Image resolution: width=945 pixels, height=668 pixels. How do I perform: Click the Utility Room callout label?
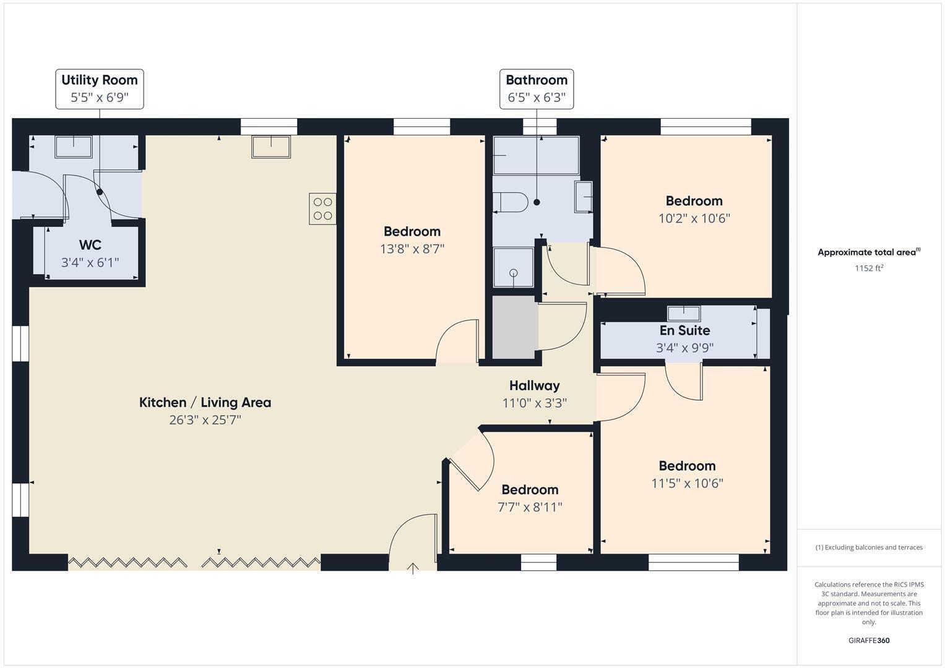coord(100,88)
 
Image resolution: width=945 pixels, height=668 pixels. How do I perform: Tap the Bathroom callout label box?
coord(537,88)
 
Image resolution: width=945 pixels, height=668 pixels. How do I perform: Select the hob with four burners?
coord(322,208)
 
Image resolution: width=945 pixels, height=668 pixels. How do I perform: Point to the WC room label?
coord(90,245)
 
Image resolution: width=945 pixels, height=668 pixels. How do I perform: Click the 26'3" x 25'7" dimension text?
coord(205,420)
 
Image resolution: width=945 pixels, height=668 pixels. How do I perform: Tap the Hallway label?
coord(534,385)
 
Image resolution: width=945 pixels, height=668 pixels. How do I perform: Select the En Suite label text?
coord(684,330)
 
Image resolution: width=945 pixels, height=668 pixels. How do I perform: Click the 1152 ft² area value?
coord(868,268)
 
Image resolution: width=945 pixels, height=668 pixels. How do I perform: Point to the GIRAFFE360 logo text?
coord(868,640)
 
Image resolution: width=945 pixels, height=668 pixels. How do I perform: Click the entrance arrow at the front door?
coord(413,568)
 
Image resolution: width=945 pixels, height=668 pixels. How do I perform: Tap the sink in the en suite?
coord(684,313)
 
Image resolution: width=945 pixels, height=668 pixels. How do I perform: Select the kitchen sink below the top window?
coord(271,147)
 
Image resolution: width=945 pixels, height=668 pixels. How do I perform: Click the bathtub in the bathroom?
coord(536,155)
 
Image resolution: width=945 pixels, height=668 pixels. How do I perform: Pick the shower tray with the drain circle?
coord(513,267)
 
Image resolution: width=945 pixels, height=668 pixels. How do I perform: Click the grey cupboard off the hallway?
coord(514,327)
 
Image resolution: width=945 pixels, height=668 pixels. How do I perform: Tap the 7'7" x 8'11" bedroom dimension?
coord(530,507)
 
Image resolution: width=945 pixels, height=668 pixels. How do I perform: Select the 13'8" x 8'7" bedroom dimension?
coord(412,249)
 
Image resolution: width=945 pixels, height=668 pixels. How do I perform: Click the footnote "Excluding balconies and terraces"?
coord(868,547)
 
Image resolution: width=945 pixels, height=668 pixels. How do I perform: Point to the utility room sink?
coord(74,147)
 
